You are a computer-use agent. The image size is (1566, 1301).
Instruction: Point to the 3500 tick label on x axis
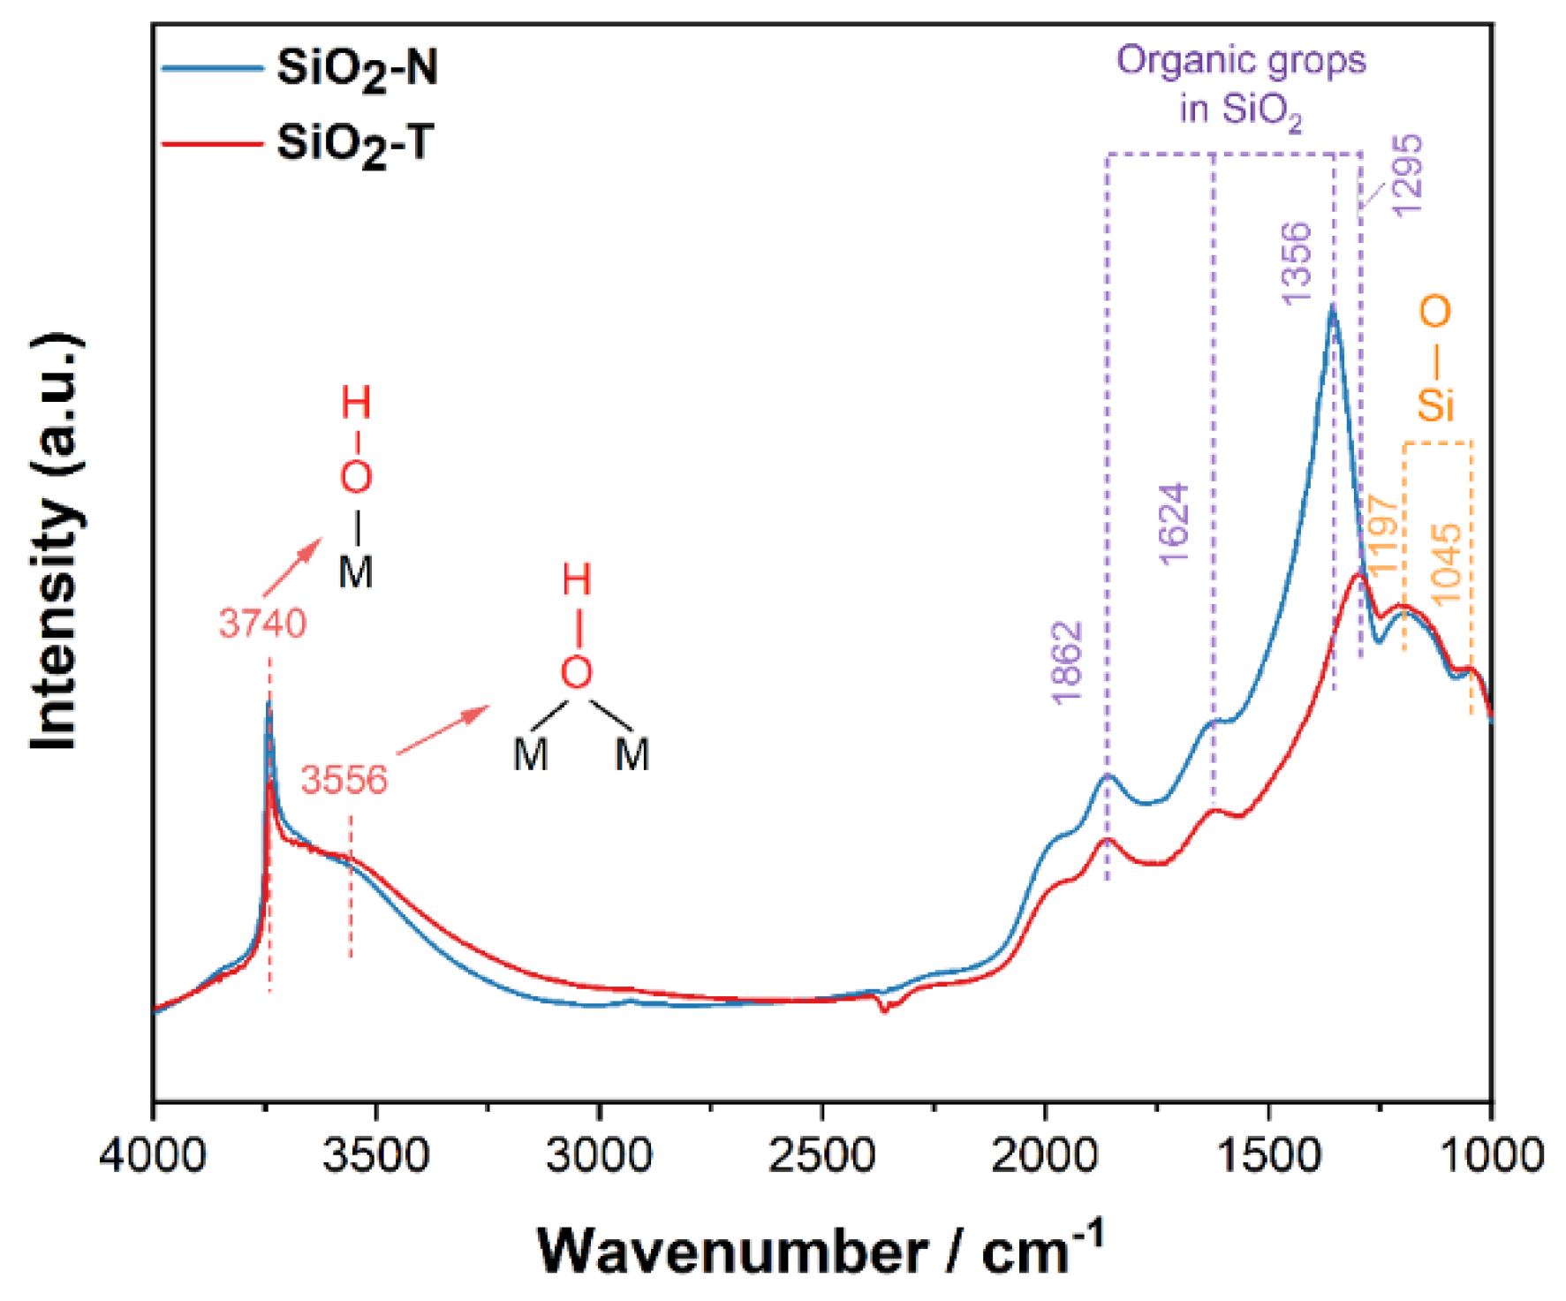coord(376,1155)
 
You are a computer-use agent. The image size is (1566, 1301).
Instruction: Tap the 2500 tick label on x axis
coord(822,1155)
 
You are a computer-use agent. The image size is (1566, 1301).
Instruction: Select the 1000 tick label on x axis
coord(1491,1155)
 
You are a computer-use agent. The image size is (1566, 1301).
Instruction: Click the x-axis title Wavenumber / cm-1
coord(821,1250)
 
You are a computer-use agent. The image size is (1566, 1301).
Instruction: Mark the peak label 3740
coord(262,624)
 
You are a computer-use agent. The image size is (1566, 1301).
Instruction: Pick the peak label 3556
coord(344,780)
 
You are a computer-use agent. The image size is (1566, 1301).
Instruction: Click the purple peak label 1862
coord(1067,662)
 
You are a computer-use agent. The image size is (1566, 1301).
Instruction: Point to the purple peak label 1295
coord(1408,174)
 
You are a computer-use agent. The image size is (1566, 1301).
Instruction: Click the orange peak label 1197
coord(1383,533)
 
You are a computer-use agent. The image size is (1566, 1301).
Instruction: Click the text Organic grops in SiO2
coord(1241,85)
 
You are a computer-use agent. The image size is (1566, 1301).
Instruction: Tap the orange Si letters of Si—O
coord(1436,405)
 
